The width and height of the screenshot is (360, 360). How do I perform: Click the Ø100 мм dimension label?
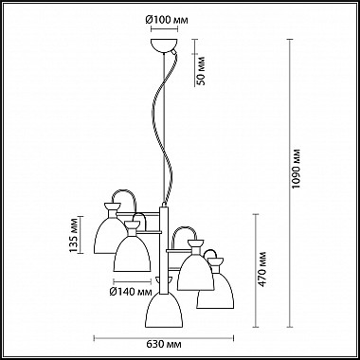[167, 20]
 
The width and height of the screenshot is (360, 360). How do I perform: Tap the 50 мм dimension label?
[201, 71]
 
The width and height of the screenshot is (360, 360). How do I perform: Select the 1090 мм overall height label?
[297, 169]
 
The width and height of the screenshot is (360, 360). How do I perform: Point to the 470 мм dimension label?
[262, 269]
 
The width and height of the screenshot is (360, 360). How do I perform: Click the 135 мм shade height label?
[73, 235]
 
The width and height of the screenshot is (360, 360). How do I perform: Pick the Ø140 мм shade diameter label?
[131, 293]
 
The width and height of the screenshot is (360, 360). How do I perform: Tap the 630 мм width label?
[164, 344]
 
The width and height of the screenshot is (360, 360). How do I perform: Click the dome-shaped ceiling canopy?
[164, 45]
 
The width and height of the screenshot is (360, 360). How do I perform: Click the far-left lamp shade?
[107, 235]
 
